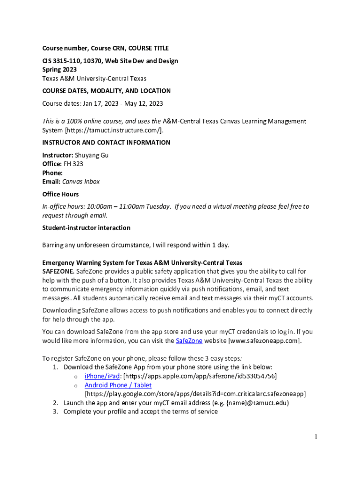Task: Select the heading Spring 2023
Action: click(59, 69)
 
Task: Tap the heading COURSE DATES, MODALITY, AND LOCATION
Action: click(106, 91)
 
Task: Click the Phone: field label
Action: click(52, 173)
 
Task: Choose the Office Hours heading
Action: click(60, 194)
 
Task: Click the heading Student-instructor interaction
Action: click(86, 228)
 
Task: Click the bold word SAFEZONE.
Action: click(58, 271)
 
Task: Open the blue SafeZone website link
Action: click(189, 341)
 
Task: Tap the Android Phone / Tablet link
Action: click(118, 385)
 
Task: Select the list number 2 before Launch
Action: click(55, 403)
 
